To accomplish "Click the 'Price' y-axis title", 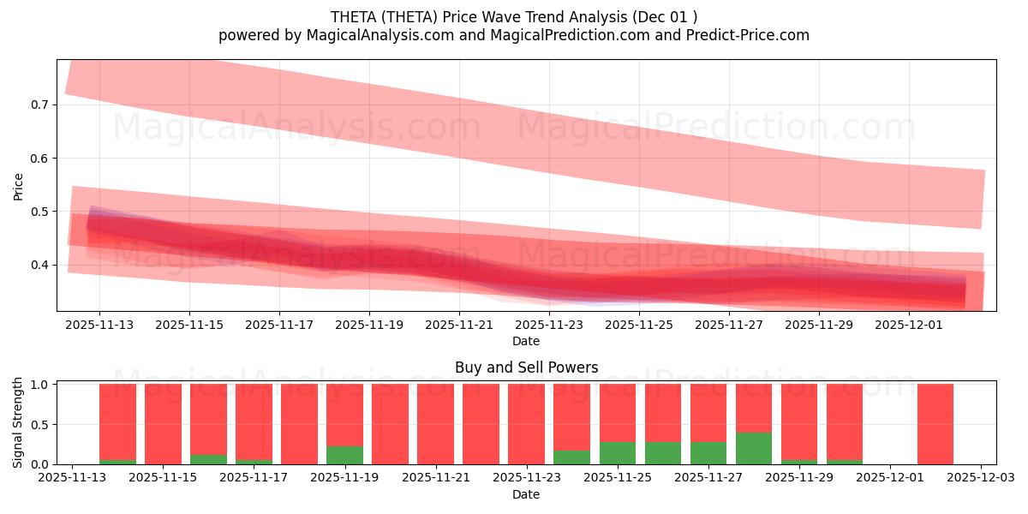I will click(x=19, y=185).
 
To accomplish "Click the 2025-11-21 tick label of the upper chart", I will click(x=459, y=326).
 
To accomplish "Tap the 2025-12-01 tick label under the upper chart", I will click(x=909, y=326).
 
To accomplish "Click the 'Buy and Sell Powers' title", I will click(x=526, y=368).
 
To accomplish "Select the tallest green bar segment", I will click(x=753, y=448).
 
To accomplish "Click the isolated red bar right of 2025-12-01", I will click(x=935, y=424).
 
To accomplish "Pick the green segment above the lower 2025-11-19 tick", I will click(x=344, y=455).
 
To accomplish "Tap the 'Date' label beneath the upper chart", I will click(x=526, y=341).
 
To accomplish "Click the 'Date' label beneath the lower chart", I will click(x=526, y=494).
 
